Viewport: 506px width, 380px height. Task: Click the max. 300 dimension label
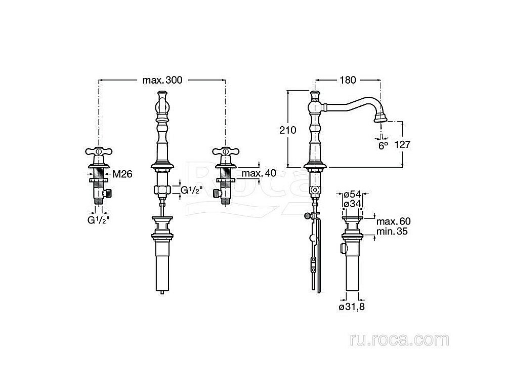coord(161,80)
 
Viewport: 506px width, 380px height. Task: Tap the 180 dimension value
coord(348,80)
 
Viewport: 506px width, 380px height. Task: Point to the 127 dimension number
coord(402,144)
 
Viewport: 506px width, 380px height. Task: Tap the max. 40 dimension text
coord(258,174)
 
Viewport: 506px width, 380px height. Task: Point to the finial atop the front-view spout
coord(162,95)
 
